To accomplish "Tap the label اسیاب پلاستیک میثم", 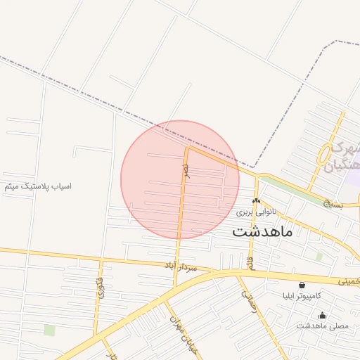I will pos(38,186).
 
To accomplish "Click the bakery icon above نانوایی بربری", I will pos(256,201).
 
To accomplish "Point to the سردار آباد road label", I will pos(189,267).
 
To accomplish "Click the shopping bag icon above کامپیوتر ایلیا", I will pos(302,285).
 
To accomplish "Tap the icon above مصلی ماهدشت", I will pos(322,316).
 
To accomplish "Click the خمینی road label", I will pos(349,281).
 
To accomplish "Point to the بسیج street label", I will pos(330,204).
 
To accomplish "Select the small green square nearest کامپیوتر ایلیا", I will pos(319,257).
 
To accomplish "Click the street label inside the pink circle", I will pos(186,171).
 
